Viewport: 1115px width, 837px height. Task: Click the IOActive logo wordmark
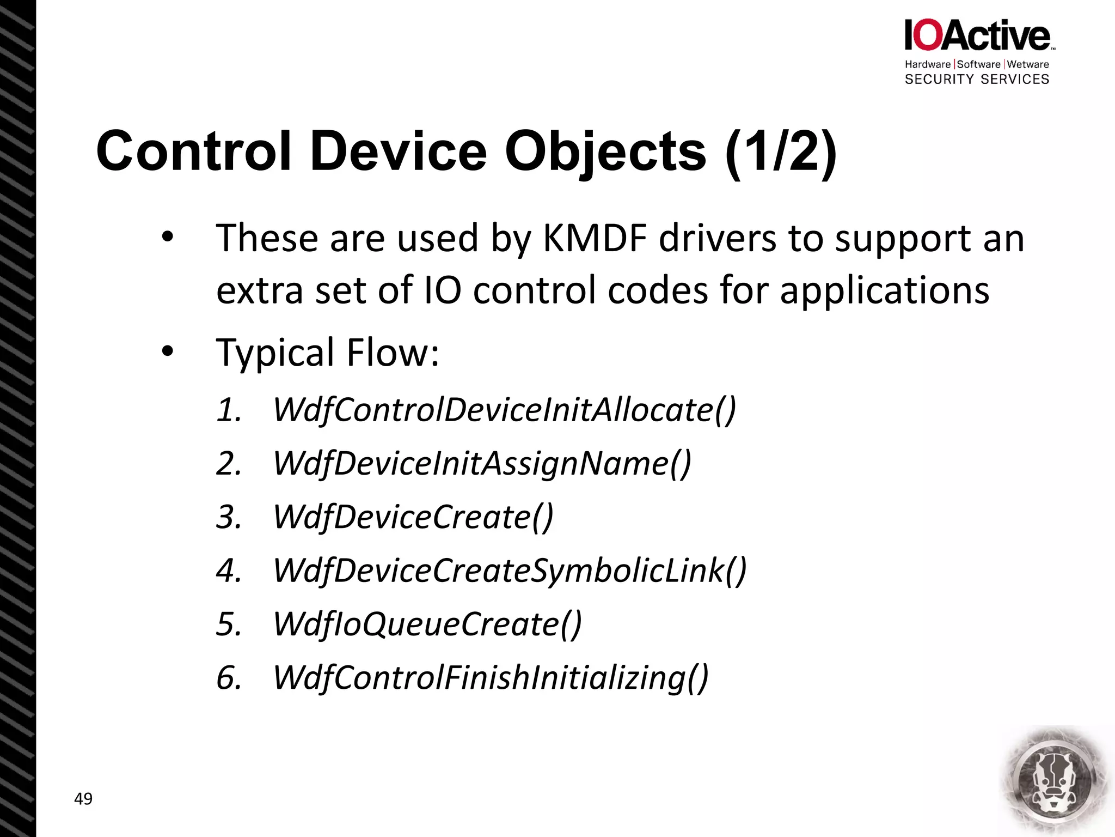click(978, 35)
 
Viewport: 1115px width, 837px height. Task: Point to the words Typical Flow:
click(327, 353)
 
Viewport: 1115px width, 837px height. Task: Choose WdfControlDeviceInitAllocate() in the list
click(504, 410)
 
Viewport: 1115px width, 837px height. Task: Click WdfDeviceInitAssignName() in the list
click(482, 464)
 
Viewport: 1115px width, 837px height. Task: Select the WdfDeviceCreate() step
click(413, 517)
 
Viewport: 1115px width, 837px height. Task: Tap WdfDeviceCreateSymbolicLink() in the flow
click(510, 571)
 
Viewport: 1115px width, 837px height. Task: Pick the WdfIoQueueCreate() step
click(427, 624)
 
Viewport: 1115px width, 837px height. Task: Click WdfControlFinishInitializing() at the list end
click(491, 678)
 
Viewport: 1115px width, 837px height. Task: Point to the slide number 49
click(83, 799)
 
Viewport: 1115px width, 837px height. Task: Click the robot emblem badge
click(1055, 780)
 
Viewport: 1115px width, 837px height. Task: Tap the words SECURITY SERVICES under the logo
click(977, 80)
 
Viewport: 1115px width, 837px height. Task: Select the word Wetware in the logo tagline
click(1028, 64)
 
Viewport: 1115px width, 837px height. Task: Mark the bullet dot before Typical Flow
click(167, 351)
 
